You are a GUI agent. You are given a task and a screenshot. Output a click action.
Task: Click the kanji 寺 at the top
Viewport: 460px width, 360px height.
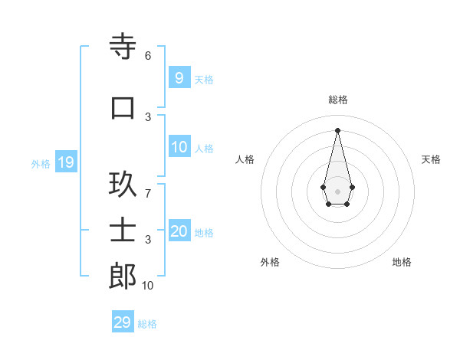[x=123, y=47]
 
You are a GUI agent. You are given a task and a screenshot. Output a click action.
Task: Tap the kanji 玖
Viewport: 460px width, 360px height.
[x=123, y=183]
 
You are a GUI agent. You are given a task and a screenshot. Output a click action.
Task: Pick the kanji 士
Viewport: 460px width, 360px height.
[x=123, y=229]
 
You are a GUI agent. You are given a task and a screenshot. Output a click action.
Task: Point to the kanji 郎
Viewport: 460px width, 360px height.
[x=123, y=276]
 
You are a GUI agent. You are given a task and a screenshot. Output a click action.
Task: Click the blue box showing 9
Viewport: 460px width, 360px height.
[x=179, y=77]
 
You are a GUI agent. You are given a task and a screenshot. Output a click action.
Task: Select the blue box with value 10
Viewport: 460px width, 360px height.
[x=179, y=147]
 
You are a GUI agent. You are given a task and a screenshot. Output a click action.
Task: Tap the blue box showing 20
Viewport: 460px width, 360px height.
[x=179, y=231]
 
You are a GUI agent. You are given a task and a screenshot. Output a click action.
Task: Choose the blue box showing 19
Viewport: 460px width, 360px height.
[x=65, y=162]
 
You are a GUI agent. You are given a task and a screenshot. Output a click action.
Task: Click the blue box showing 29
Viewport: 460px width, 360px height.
[x=122, y=322]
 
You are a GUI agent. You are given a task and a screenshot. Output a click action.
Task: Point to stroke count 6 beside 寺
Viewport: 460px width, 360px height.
[x=147, y=56]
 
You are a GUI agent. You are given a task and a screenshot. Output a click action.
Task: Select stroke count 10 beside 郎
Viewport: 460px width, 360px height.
[x=147, y=285]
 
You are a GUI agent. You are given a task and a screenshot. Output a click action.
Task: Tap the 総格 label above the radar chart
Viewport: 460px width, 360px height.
[x=337, y=100]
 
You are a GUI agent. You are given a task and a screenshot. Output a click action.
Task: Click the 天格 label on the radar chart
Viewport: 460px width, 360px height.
[x=431, y=159]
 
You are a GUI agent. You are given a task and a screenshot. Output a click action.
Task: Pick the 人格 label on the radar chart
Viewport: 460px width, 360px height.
[x=245, y=159]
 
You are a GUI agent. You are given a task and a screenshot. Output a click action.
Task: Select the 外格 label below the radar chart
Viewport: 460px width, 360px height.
[x=270, y=262]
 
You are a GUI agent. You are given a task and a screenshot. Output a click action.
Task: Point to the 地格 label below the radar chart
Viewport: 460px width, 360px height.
[x=402, y=262]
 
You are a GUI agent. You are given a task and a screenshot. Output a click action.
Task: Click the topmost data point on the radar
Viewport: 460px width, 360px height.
[x=337, y=129]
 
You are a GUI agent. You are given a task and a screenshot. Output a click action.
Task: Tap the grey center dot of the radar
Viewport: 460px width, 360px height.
[x=337, y=191]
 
